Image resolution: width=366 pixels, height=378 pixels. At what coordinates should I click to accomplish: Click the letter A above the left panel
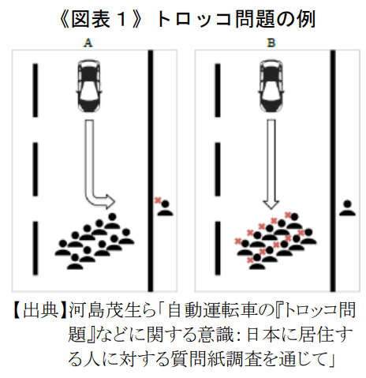(88, 43)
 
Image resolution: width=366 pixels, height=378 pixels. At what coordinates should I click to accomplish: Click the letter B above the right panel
(271, 43)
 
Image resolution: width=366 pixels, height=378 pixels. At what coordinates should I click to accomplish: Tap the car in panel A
(89, 86)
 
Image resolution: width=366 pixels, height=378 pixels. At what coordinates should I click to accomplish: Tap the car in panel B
(271, 86)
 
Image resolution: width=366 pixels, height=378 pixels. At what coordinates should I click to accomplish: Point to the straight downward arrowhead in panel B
(271, 204)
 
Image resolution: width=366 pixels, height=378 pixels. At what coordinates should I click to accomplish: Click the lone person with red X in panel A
(166, 208)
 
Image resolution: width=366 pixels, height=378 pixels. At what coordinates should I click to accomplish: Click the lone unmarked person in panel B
(347, 208)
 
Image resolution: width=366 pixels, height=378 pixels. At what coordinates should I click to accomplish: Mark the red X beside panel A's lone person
(158, 200)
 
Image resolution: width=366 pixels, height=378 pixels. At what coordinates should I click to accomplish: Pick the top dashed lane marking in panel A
(35, 90)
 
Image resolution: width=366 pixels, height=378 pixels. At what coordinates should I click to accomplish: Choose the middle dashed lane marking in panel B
(218, 170)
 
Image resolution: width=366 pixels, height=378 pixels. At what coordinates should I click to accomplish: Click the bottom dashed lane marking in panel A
(35, 249)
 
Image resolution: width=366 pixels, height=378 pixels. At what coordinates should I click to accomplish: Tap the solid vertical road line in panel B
(333, 170)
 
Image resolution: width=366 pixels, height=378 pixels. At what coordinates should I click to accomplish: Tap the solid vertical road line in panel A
(151, 170)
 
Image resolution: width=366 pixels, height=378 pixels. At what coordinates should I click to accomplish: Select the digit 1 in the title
(121, 20)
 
